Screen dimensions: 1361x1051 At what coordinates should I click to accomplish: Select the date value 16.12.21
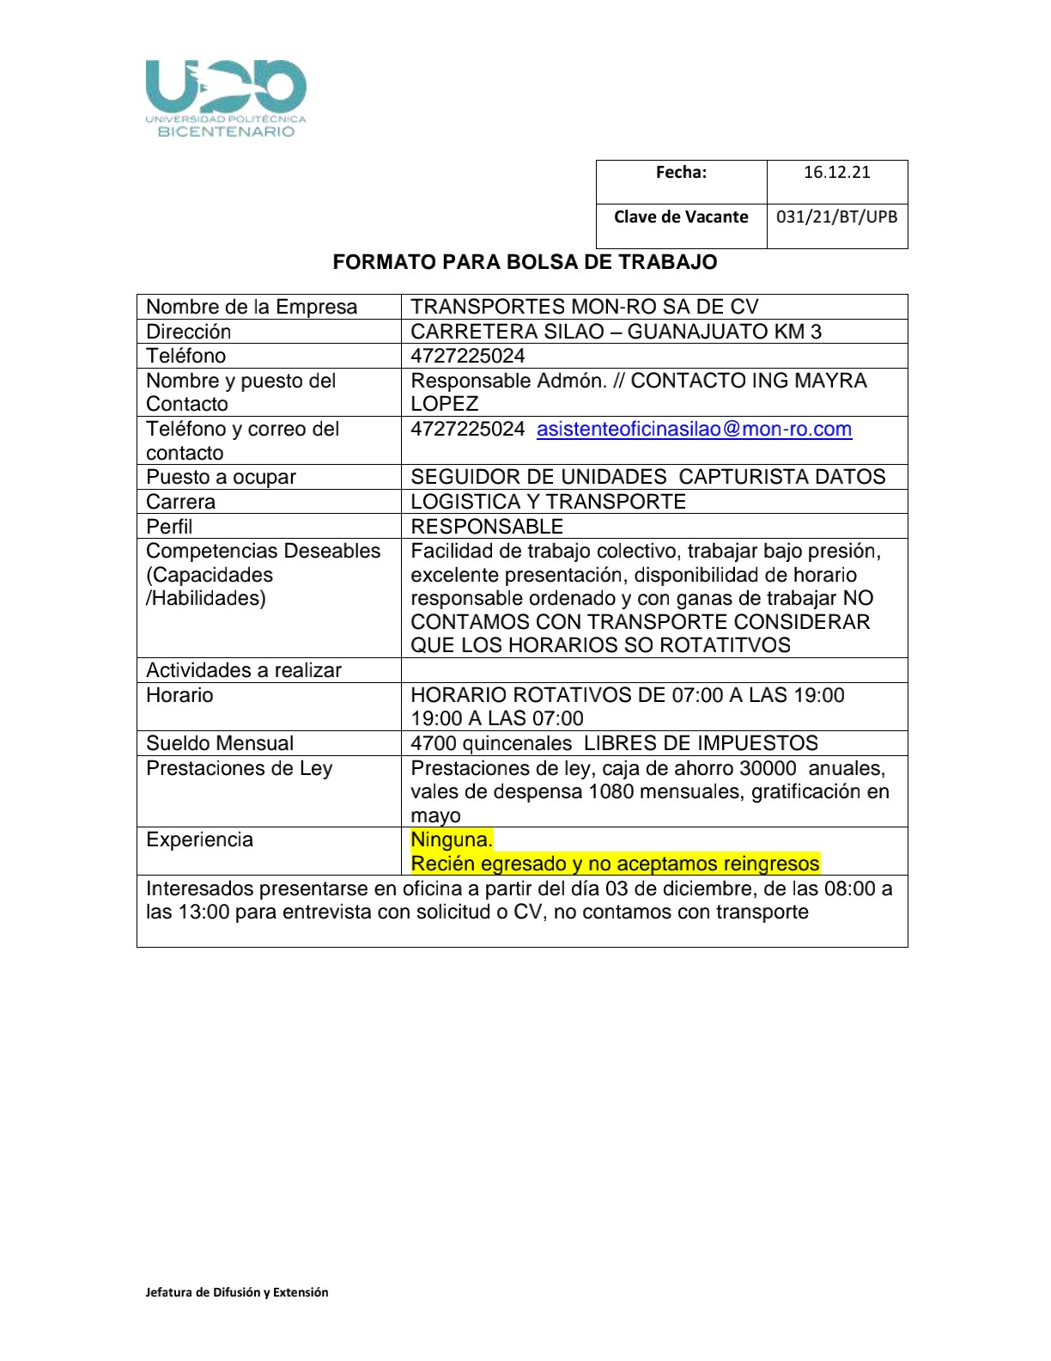(x=836, y=173)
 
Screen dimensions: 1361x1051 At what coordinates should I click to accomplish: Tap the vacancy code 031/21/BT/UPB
(x=836, y=217)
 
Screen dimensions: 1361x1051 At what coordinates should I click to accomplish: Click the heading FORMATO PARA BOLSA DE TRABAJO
(x=525, y=263)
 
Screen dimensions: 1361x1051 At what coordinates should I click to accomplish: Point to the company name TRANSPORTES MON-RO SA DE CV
(x=584, y=308)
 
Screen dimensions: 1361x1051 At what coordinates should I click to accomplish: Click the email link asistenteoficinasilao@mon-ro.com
(x=694, y=430)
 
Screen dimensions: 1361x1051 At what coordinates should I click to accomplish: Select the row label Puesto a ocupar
(x=221, y=478)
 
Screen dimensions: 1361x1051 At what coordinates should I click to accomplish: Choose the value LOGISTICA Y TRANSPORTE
(x=548, y=502)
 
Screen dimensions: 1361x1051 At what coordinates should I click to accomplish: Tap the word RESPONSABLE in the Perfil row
(x=487, y=527)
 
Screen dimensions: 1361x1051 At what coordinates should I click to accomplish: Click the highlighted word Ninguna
(x=452, y=840)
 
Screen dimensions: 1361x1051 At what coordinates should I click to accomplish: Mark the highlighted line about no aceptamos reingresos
(x=615, y=864)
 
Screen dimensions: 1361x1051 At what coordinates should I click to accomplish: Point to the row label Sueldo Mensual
(x=220, y=743)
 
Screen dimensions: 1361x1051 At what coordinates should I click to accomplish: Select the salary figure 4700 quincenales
(x=491, y=743)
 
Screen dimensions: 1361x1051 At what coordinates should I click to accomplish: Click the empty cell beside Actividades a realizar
(x=653, y=670)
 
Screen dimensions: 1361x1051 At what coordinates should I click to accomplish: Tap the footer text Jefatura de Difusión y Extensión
(x=237, y=1292)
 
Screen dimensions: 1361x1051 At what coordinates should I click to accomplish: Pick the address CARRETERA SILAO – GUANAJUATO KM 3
(x=616, y=332)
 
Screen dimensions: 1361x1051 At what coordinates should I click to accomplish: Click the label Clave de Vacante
(x=681, y=217)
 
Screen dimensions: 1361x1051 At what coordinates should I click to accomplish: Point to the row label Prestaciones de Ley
(x=239, y=768)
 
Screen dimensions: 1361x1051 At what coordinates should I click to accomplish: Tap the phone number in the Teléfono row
(x=468, y=357)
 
